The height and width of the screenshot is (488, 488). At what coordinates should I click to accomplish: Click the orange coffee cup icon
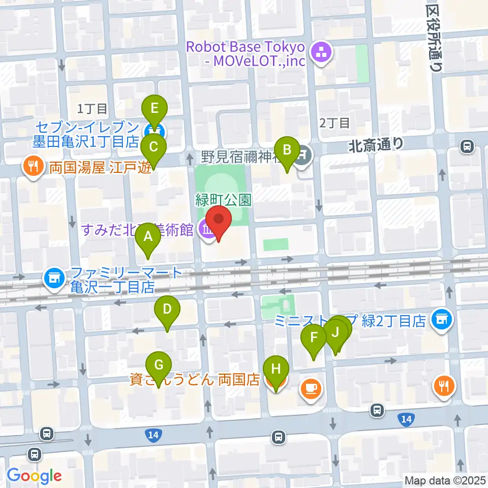tap(310, 389)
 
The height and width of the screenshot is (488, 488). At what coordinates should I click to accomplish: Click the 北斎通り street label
tap(376, 146)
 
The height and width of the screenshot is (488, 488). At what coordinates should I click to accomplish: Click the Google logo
tap(35, 475)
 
